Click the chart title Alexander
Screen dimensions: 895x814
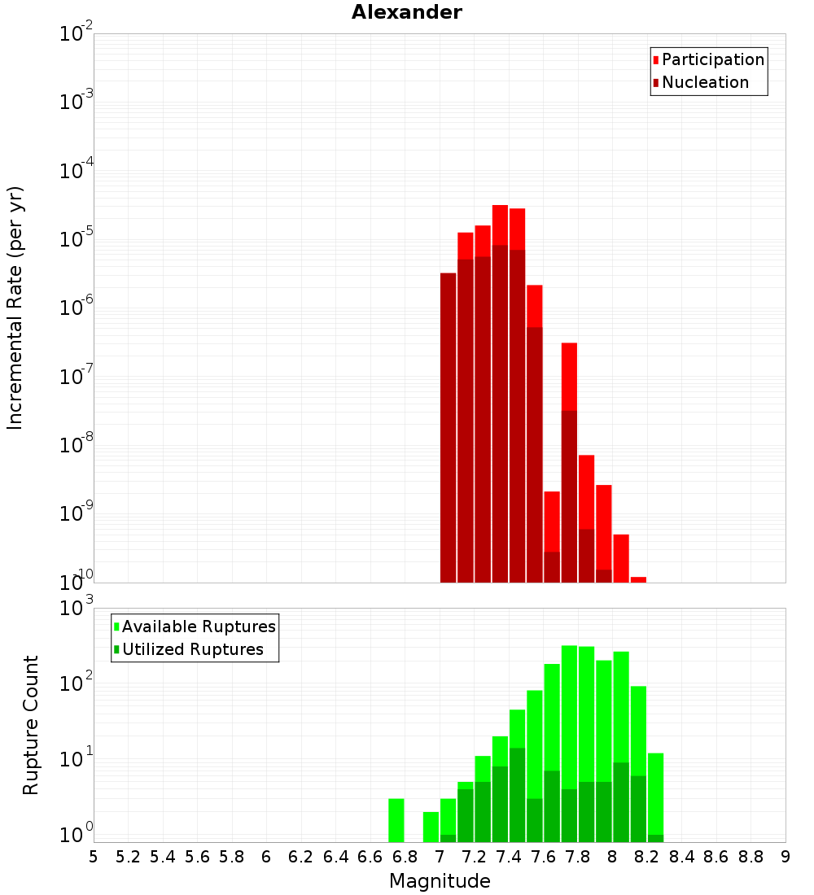point(406,13)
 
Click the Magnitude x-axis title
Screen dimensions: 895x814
point(440,881)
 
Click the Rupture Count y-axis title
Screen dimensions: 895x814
point(31,725)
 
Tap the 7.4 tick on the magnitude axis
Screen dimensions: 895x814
point(509,857)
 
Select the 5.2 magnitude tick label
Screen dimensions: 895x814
point(128,857)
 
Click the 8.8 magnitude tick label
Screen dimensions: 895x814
point(751,857)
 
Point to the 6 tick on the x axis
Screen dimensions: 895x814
point(266,857)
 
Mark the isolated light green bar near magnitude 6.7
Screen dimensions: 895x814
point(396,820)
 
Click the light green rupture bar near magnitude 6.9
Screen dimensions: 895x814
point(431,827)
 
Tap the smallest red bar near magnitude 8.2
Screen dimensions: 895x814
point(638,579)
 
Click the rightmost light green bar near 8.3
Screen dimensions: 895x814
point(655,793)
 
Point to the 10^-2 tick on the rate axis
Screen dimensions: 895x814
point(77,33)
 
